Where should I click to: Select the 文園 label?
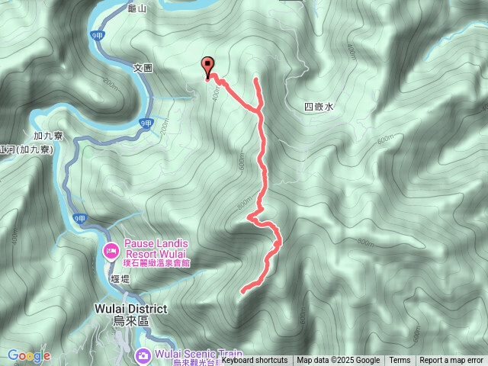click(x=143, y=68)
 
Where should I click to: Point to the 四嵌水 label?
click(x=319, y=108)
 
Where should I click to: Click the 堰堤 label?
click(x=120, y=279)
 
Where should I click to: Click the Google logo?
click(x=29, y=355)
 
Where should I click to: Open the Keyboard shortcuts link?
click(x=255, y=361)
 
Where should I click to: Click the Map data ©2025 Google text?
click(x=338, y=361)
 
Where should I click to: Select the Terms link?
click(x=400, y=361)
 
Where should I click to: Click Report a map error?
click(x=451, y=361)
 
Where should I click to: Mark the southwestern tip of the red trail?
click(x=242, y=291)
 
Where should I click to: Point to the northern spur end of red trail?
click(x=255, y=79)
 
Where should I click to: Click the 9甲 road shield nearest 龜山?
click(x=95, y=35)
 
